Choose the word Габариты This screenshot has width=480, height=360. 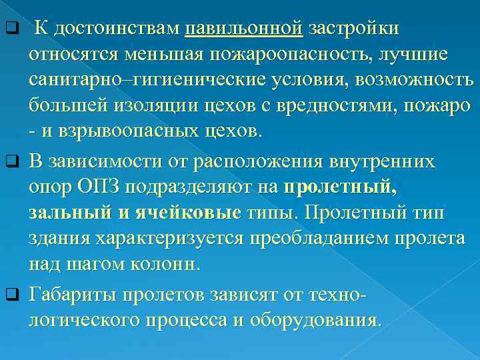click(x=70, y=294)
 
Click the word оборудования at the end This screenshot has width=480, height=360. click(x=312, y=319)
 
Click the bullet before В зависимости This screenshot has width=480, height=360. click(x=10, y=163)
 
